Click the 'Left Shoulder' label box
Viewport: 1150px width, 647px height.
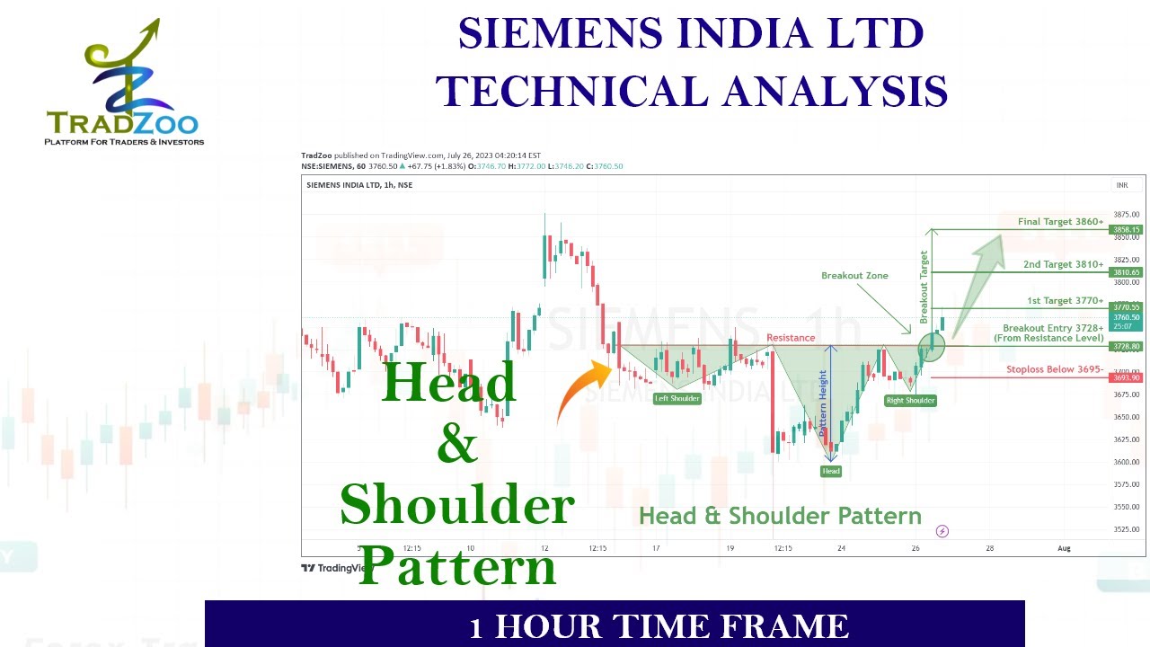677,398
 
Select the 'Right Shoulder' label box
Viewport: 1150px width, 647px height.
910,400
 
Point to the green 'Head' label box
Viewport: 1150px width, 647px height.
831,471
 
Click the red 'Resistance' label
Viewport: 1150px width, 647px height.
791,338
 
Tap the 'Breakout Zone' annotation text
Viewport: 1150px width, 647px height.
854,276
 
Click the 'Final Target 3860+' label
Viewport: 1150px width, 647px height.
1060,222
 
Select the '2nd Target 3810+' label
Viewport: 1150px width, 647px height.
1063,265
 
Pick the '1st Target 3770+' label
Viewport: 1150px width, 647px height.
1065,301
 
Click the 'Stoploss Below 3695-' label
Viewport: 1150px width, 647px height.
1054,369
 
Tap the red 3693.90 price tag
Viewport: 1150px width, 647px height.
1126,378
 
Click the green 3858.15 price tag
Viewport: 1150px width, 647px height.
1126,230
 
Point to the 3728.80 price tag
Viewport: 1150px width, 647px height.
1126,346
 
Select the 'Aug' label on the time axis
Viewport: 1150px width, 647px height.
1064,548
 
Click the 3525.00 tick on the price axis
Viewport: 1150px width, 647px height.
1126,529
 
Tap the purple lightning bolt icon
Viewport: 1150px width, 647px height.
942,531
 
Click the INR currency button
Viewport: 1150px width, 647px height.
1122,185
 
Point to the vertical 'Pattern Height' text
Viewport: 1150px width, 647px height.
823,403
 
